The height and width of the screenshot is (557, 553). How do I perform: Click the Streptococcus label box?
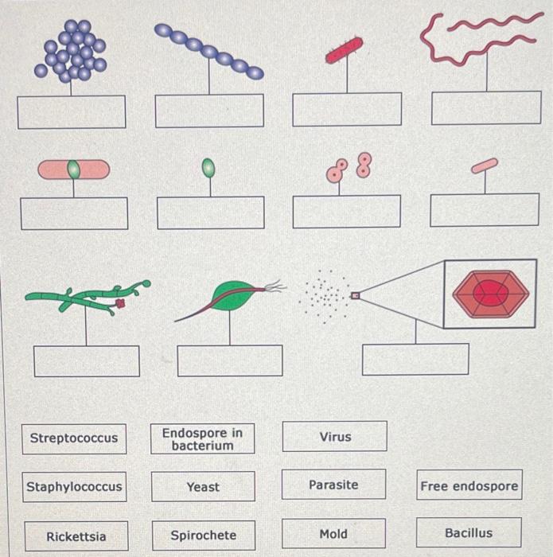click(74, 438)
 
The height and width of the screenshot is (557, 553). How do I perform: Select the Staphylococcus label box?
click(74, 486)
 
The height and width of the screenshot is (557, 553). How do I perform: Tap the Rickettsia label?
click(76, 536)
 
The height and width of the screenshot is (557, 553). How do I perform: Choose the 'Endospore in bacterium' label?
click(203, 438)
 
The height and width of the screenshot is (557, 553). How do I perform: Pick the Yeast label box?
click(203, 486)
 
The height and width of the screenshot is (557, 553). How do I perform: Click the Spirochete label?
click(203, 536)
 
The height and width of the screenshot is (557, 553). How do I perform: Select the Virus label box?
click(335, 437)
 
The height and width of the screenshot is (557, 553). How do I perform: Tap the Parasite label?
click(333, 485)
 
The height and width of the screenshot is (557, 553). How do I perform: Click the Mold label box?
click(333, 533)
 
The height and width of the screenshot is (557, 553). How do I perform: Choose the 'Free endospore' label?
click(469, 485)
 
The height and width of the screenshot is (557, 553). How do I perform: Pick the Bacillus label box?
click(469, 532)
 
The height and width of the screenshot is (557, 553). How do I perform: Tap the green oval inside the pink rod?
click(74, 169)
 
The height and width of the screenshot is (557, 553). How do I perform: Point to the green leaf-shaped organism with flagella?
click(231, 297)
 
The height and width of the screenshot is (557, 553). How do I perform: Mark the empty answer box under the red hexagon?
click(415, 359)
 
